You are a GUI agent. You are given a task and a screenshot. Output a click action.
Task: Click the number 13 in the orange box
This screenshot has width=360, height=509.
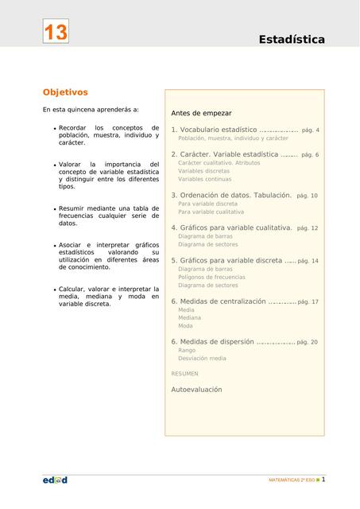(x=56, y=33)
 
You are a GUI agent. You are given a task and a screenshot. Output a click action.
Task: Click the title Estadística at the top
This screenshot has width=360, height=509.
(x=291, y=40)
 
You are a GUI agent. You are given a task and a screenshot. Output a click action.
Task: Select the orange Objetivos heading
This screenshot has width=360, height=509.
(x=65, y=92)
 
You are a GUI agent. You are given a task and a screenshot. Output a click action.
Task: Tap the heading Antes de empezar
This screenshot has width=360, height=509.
(x=201, y=114)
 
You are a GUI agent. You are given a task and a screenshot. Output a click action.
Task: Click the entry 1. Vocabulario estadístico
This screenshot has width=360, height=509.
(x=214, y=130)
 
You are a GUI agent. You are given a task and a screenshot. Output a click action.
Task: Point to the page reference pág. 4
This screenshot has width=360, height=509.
(x=311, y=130)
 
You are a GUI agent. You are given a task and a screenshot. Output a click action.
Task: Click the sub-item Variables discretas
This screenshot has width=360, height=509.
(x=203, y=171)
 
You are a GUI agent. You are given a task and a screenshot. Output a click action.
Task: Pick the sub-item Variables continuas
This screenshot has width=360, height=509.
(x=204, y=179)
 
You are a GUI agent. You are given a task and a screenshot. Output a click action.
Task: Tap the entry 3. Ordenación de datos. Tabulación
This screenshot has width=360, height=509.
(x=231, y=195)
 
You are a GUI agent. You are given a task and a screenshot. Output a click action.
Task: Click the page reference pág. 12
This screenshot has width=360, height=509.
(x=308, y=228)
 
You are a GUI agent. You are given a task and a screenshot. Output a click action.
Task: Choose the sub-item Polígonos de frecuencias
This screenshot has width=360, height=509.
(x=211, y=277)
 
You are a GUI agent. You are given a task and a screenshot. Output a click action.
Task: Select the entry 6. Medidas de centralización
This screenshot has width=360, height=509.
(x=219, y=301)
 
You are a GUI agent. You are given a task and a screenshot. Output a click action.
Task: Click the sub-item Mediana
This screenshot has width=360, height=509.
(x=189, y=317)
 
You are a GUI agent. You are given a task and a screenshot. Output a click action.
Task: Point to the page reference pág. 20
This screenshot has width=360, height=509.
(x=308, y=342)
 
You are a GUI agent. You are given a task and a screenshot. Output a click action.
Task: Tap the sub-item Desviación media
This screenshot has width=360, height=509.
(x=202, y=358)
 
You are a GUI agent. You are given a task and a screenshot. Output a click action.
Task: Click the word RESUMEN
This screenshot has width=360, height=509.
(x=185, y=373)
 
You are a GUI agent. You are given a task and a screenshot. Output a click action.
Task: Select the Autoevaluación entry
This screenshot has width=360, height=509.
(x=196, y=390)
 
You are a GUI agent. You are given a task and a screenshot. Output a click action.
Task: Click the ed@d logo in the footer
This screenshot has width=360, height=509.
(x=55, y=480)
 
